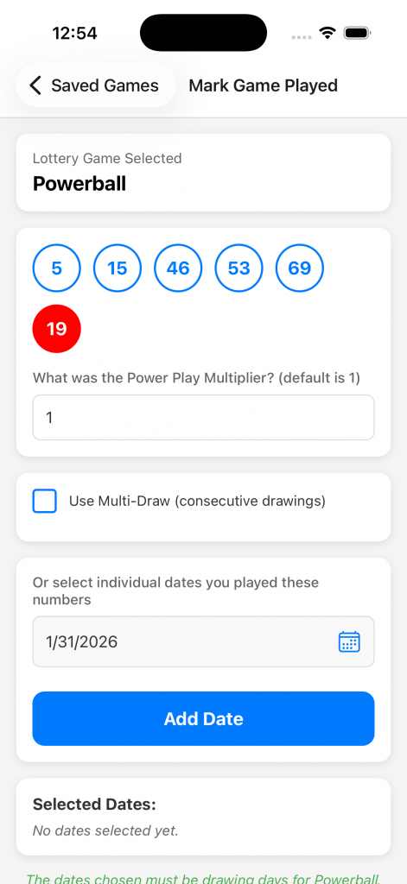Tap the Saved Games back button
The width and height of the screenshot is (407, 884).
tap(96, 85)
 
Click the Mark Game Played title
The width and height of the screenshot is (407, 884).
tap(263, 85)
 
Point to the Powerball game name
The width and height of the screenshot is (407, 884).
tap(79, 184)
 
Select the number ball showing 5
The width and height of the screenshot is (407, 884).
tap(56, 268)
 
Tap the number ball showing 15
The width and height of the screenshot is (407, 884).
tap(118, 268)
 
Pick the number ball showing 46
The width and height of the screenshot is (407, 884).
tap(178, 268)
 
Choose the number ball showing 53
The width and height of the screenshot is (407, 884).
tap(238, 268)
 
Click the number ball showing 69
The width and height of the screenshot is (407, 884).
tap(300, 268)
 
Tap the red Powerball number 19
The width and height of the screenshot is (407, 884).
tap(56, 329)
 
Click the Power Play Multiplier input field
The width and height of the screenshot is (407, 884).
tap(203, 417)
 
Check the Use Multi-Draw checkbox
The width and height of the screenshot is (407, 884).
tap(45, 502)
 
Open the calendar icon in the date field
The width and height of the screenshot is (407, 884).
tap(349, 641)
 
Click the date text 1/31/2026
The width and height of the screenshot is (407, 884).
tap(82, 641)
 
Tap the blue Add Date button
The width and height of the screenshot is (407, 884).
tap(203, 719)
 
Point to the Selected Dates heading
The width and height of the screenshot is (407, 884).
tap(94, 805)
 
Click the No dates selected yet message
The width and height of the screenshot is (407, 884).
tap(105, 830)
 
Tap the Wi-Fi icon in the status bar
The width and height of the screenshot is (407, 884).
tap(328, 33)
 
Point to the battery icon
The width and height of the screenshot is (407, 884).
tap(358, 33)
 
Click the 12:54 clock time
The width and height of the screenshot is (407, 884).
tap(75, 34)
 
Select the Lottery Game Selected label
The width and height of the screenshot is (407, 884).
tap(107, 159)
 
